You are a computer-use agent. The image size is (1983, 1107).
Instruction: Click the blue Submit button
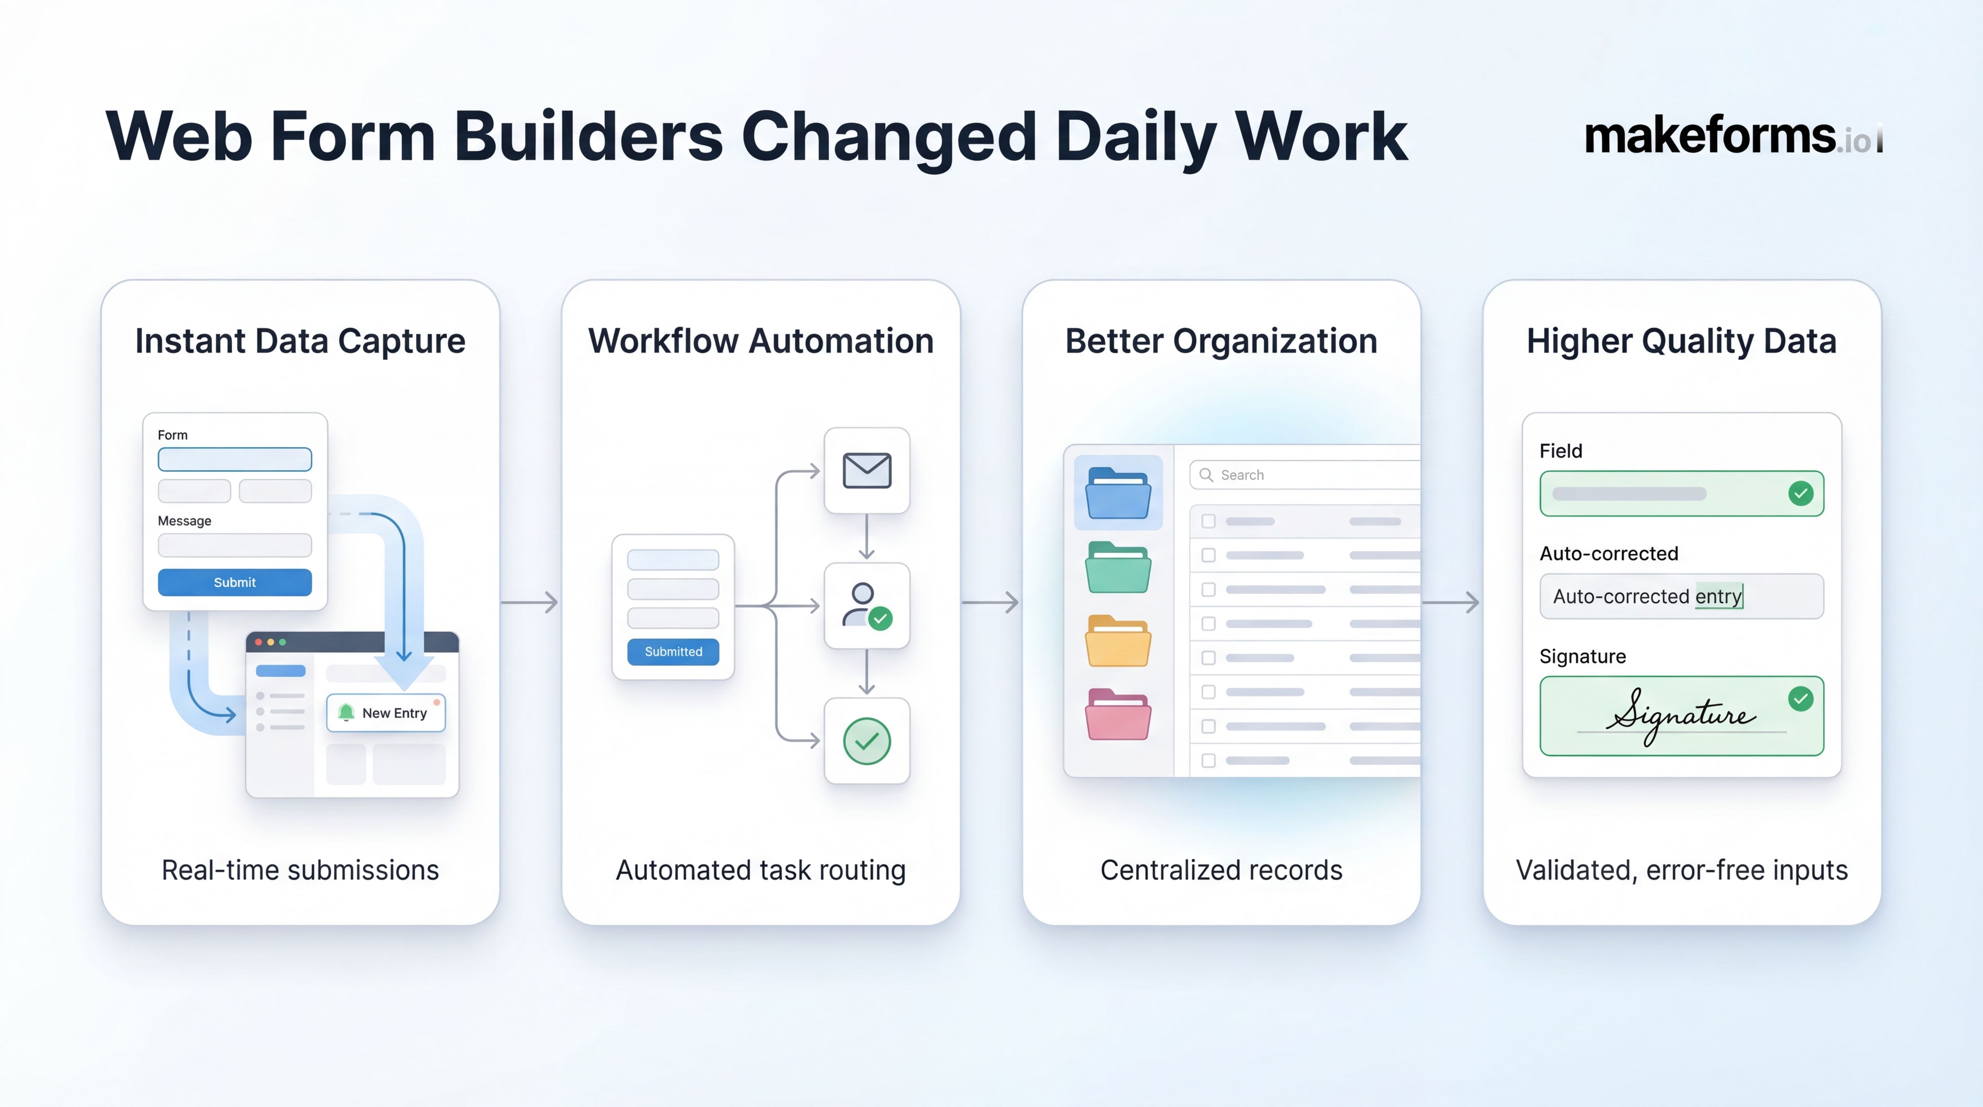click(235, 582)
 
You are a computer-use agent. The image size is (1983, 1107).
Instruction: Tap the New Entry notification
click(386, 713)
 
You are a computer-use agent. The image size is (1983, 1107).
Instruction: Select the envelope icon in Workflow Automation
click(867, 470)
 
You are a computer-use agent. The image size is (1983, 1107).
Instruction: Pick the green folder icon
click(1118, 567)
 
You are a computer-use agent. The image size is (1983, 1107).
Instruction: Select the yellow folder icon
click(1118, 641)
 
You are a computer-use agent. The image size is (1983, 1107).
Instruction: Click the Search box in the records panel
click(1309, 475)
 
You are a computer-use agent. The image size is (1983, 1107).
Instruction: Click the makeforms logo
click(1732, 137)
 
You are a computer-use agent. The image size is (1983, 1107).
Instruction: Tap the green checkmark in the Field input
click(1801, 493)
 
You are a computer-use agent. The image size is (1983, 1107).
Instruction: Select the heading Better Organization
click(1221, 341)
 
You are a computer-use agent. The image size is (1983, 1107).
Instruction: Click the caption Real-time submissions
click(300, 870)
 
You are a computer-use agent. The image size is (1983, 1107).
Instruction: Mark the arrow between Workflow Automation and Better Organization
click(991, 602)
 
